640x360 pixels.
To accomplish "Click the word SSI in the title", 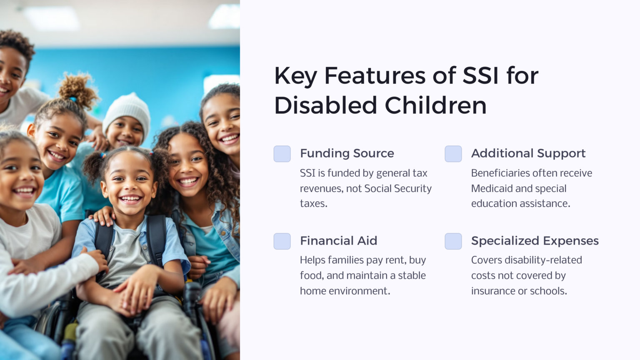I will click(x=480, y=76).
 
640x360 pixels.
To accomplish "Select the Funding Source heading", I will click(x=347, y=153).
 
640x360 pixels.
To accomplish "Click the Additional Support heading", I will click(x=528, y=153).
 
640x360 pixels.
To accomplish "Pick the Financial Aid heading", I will click(x=338, y=241).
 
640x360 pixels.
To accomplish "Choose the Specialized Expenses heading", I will click(x=535, y=241).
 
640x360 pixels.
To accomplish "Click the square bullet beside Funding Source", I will click(x=282, y=154).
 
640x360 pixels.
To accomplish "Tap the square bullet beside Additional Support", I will click(x=453, y=154).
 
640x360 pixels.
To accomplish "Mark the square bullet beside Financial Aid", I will click(x=282, y=241).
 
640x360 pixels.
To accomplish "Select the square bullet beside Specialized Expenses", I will click(x=453, y=241).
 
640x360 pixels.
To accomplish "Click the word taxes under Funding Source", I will click(x=313, y=204).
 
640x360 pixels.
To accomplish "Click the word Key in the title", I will click(x=295, y=76).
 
